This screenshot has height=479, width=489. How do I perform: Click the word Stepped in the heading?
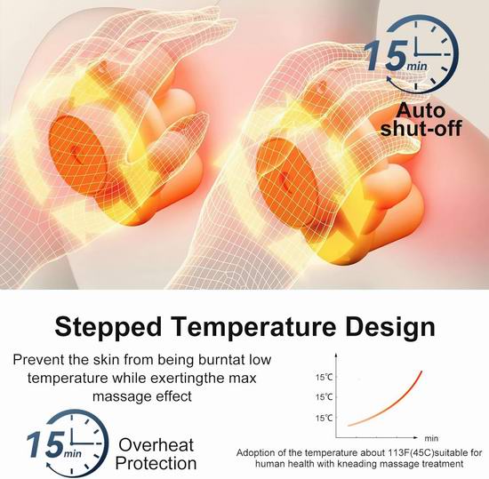pyautogui.click(x=108, y=327)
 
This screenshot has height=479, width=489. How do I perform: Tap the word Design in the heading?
pyautogui.click(x=390, y=327)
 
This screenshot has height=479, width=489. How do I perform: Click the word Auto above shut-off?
pyautogui.click(x=421, y=110)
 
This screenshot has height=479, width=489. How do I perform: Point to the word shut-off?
pyautogui.click(x=421, y=128)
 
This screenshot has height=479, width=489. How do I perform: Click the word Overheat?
pyautogui.click(x=156, y=444)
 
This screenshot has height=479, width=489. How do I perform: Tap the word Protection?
pyautogui.click(x=156, y=463)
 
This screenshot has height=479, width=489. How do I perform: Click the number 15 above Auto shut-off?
pyautogui.click(x=386, y=55)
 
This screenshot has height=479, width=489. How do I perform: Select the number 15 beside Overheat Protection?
pyautogui.click(x=45, y=444)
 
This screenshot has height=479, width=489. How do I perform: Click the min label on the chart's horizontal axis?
pyautogui.click(x=431, y=438)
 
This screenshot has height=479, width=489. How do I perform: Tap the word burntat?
pyautogui.click(x=221, y=360)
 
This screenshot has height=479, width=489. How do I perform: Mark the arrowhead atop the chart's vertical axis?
pyautogui.click(x=336, y=355)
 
